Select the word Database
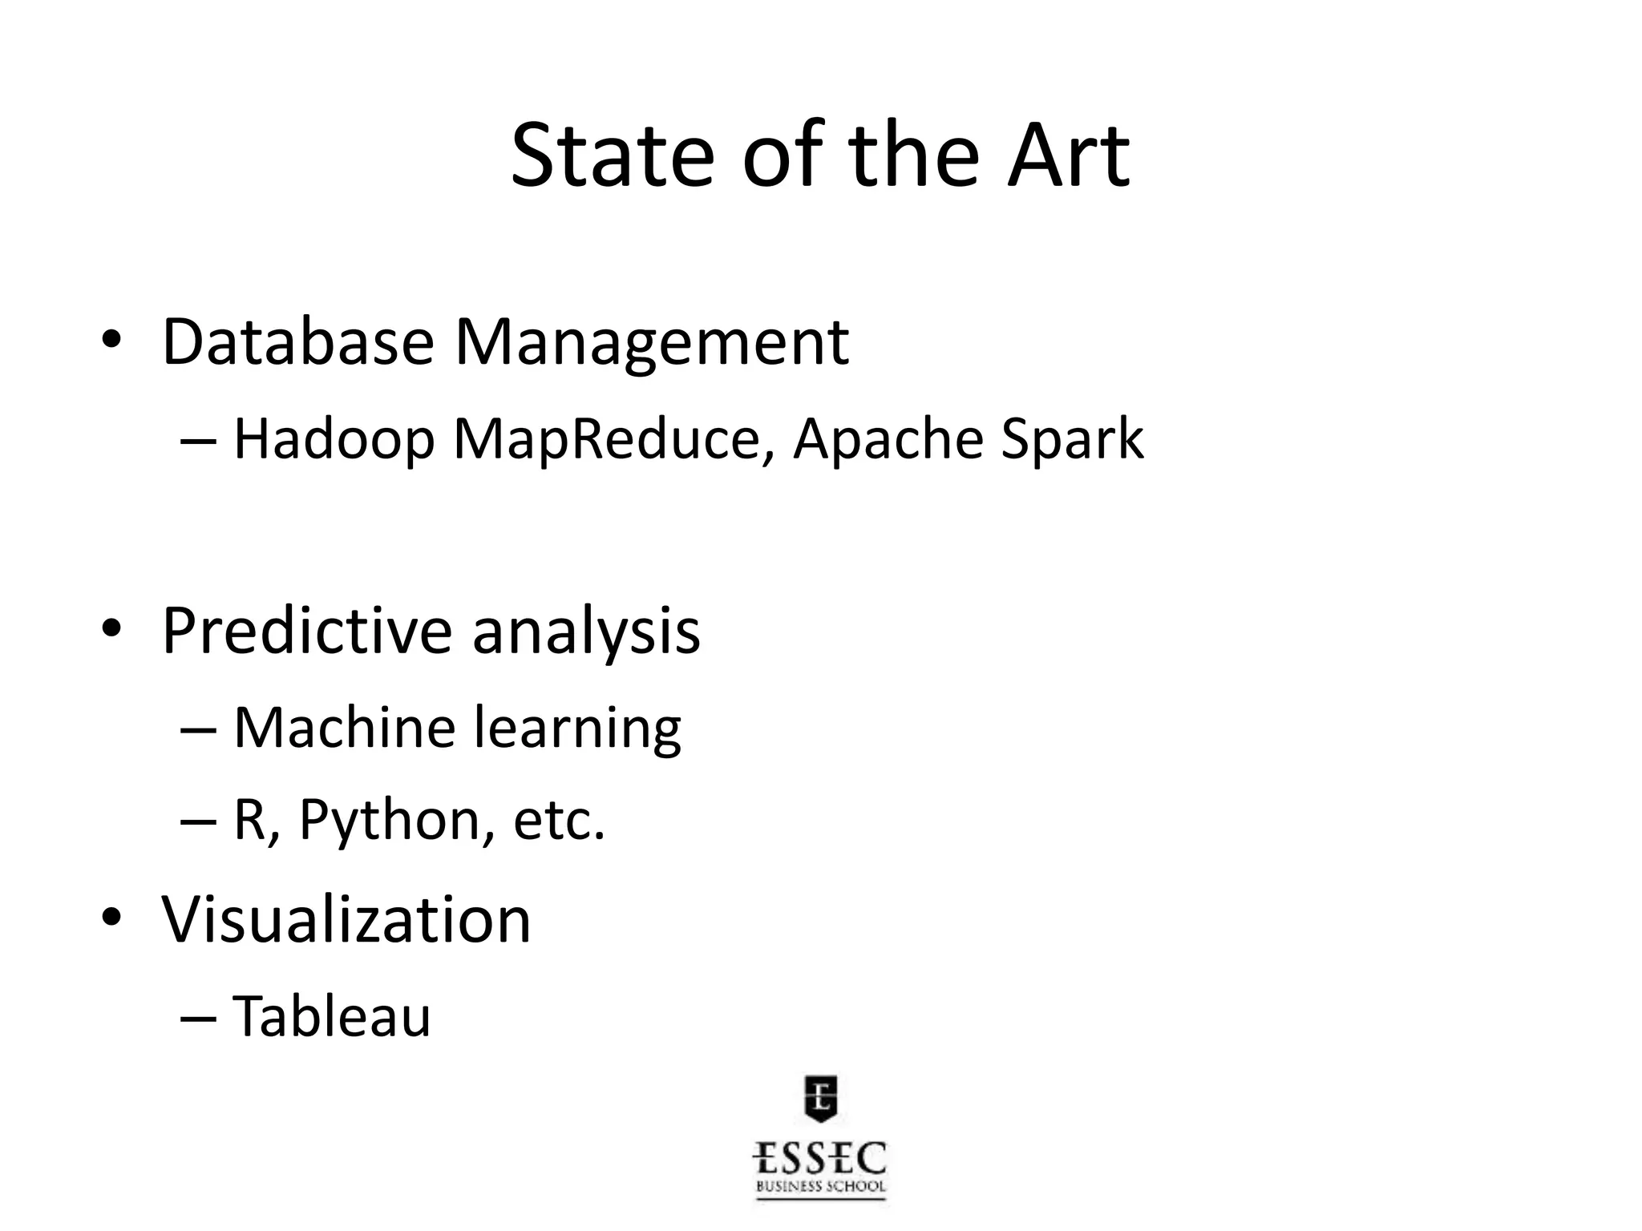298,342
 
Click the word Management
652,344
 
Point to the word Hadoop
334,440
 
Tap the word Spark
1072,440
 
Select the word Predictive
307,632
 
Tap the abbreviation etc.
559,821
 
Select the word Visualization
346,919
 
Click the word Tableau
332,1016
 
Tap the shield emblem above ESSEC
820,1096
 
